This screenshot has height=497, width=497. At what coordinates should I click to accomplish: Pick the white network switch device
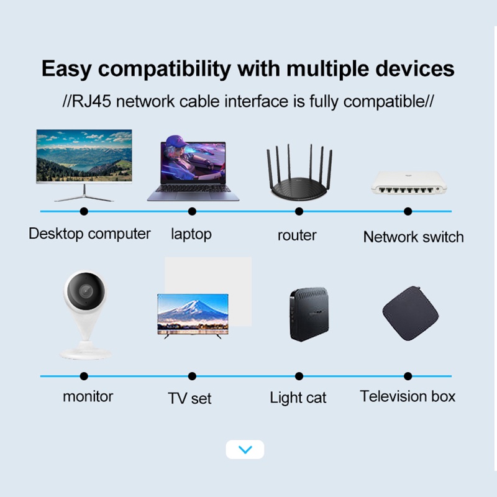[x=408, y=183]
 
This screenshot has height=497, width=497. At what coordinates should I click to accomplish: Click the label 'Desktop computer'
[x=89, y=234]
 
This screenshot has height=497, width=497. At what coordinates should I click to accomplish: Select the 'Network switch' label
[x=413, y=237]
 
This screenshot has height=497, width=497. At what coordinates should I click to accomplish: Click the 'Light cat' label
[x=298, y=398]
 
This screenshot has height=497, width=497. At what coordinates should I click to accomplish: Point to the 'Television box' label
[x=408, y=396]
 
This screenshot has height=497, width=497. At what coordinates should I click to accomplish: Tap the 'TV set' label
[x=189, y=398]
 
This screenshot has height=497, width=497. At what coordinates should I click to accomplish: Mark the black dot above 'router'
[x=299, y=211]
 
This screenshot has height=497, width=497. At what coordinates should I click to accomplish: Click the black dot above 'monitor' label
[x=84, y=376]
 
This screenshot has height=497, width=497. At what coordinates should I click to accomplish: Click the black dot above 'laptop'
[x=192, y=211]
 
